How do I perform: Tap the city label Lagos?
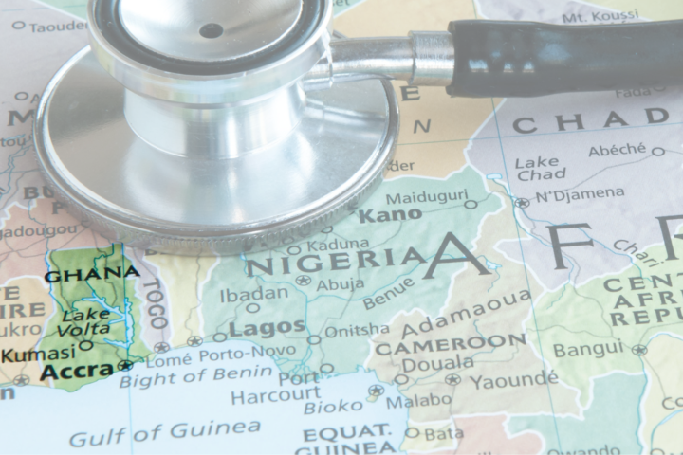coord(267,328)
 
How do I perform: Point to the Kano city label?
coord(390,214)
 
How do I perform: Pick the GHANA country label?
coord(92,274)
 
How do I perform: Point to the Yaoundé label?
coord(513,379)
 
